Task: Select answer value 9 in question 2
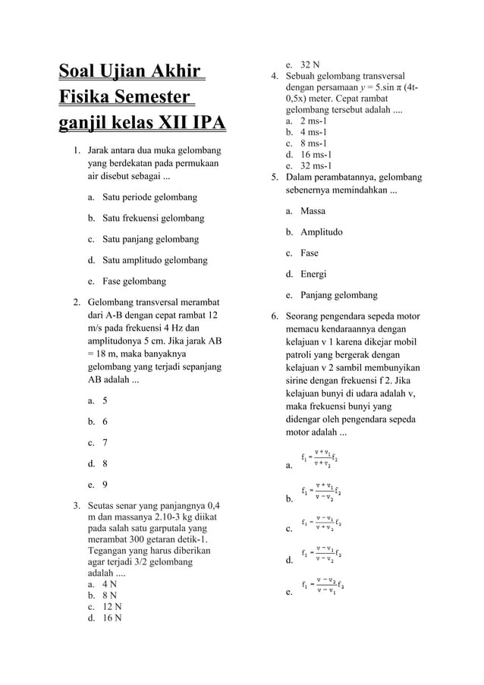point(105,483)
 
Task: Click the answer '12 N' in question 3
point(108,606)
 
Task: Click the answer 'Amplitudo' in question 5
point(321,231)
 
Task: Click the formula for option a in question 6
point(320,458)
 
